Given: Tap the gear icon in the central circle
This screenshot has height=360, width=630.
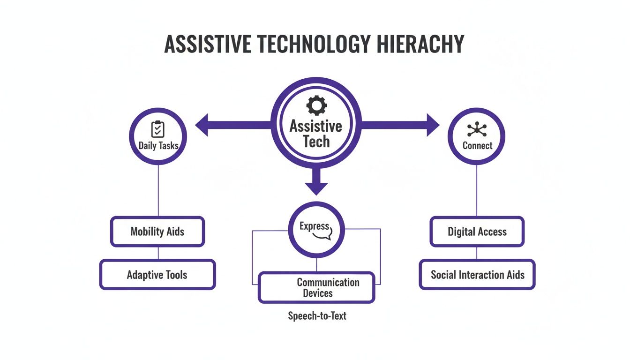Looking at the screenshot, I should (x=316, y=105).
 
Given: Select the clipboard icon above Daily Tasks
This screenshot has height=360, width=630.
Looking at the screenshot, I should (x=158, y=128).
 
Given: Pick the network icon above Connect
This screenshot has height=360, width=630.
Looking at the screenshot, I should (x=477, y=129).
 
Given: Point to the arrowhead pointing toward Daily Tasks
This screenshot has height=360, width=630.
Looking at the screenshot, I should (x=202, y=125).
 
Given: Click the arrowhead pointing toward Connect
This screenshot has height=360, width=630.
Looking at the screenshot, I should (x=432, y=125).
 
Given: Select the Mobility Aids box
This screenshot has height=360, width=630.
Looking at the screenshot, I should (x=157, y=232).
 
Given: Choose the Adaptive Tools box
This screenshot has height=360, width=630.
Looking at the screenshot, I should (x=157, y=275).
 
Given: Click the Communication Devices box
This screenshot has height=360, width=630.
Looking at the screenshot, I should (x=317, y=288).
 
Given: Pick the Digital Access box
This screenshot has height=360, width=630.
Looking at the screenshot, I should (x=477, y=232).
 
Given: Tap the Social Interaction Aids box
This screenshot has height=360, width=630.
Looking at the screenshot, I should (x=477, y=275).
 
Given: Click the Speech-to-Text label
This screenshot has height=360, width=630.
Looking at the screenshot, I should (x=317, y=316).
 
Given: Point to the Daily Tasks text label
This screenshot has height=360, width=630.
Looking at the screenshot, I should (x=158, y=146).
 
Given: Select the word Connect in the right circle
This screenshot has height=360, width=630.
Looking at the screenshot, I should (x=477, y=146).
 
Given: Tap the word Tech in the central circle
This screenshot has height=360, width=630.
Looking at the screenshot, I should (x=316, y=142).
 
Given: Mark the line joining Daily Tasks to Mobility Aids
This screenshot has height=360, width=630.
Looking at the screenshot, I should (x=158, y=190).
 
